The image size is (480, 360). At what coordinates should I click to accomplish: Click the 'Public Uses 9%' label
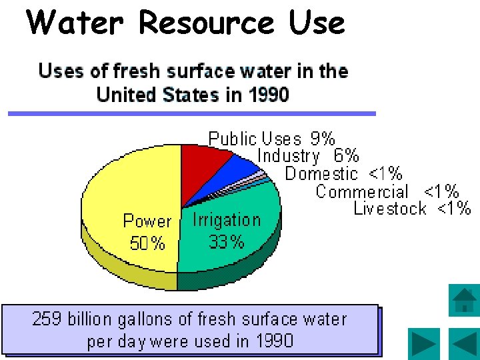pos(271,139)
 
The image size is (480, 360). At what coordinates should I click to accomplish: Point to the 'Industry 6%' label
pos(308,156)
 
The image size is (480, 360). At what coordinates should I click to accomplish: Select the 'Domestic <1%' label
pos(343,174)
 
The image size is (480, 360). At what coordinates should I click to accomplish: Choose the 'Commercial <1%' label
pos(387,192)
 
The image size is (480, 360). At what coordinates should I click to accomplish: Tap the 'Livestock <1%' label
pos(412,209)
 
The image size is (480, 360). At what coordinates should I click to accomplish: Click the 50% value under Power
pos(147,244)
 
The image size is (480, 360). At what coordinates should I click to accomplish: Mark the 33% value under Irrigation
pos(227,242)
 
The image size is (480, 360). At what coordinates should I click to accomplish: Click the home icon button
pos(463,300)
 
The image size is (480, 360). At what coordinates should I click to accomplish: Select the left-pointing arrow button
pos(463,344)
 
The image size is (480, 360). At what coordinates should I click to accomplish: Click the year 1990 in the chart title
pos(269,95)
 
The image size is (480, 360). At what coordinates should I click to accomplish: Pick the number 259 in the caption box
pos(47,319)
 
